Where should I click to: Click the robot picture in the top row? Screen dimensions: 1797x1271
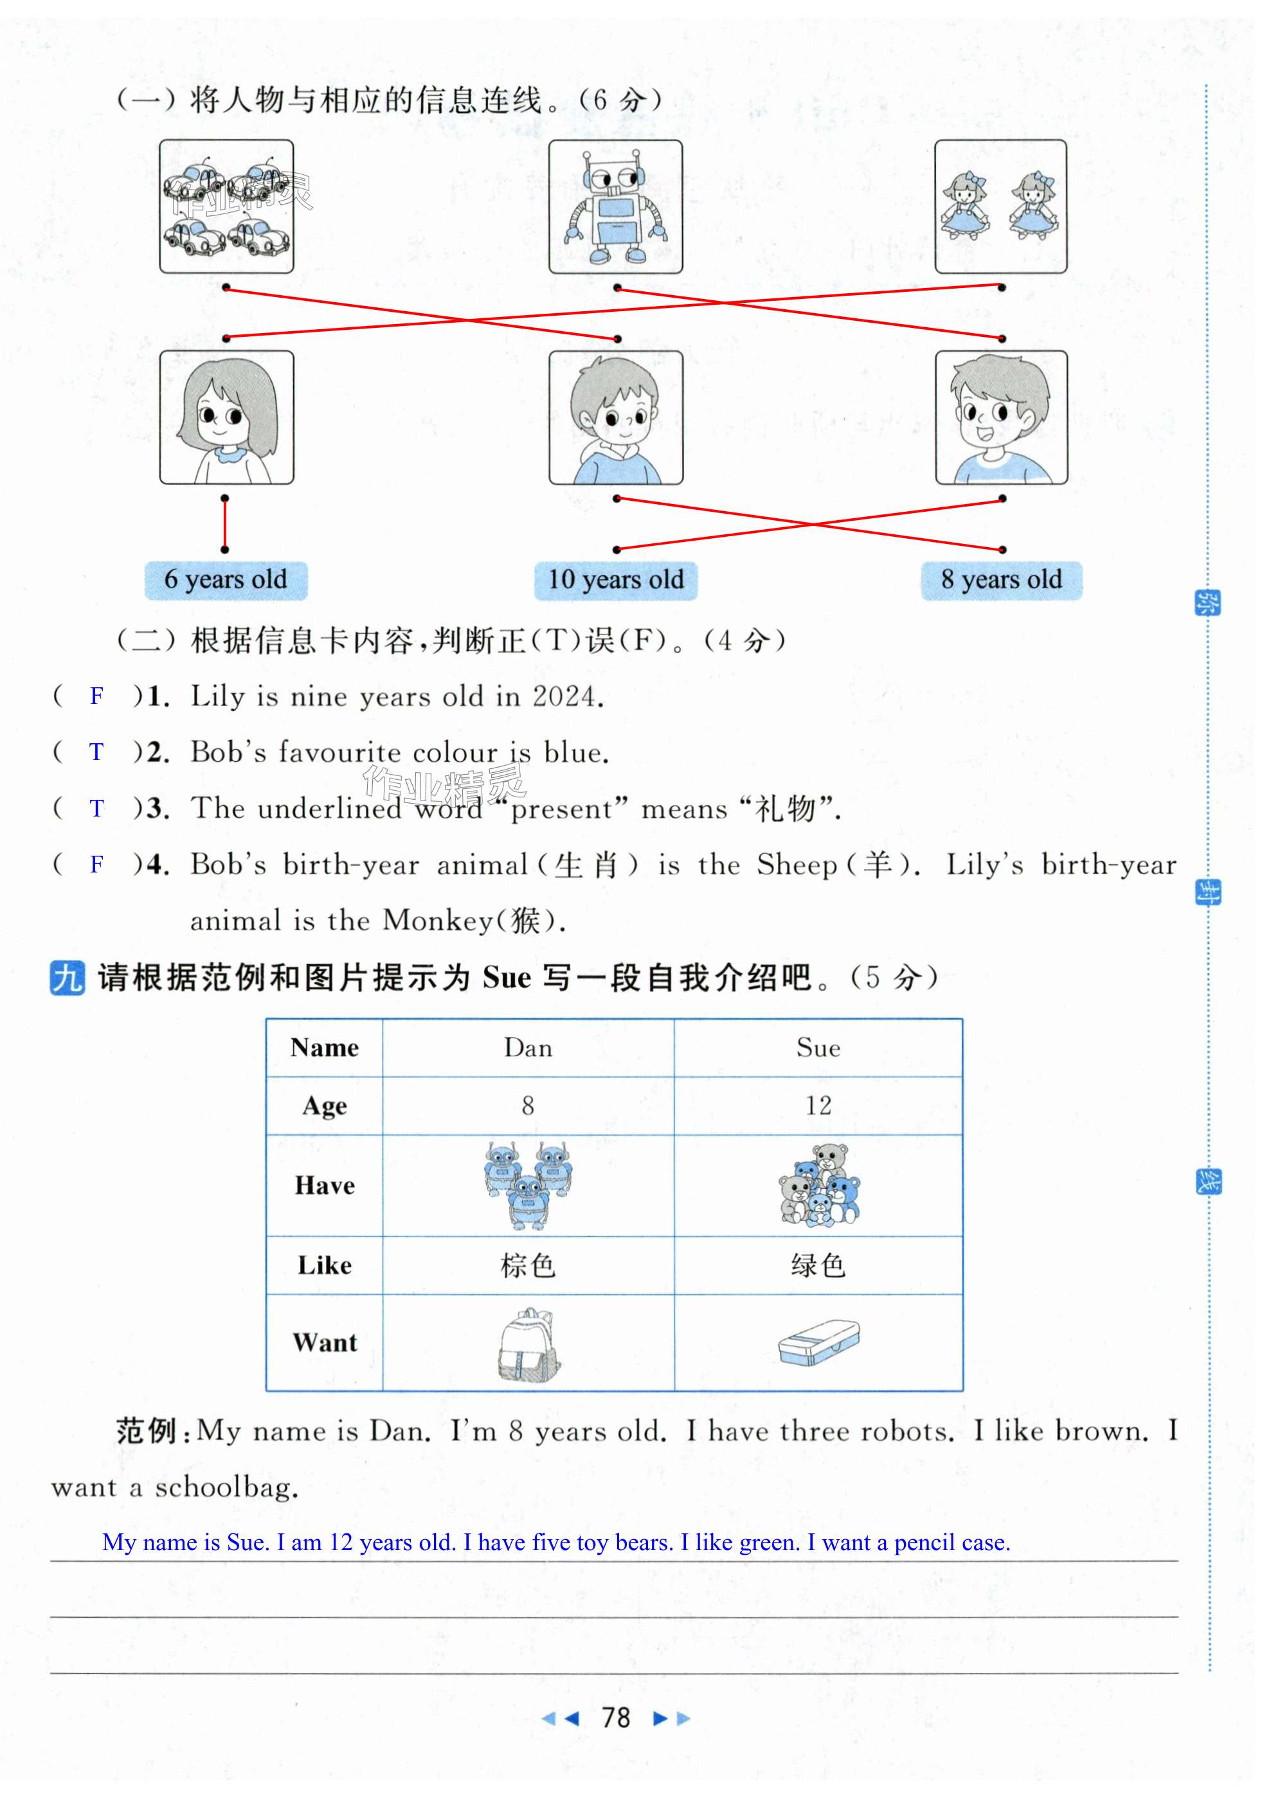(615, 206)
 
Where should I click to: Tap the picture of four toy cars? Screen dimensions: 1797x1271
(226, 206)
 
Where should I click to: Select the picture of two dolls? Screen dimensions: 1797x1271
(1000, 206)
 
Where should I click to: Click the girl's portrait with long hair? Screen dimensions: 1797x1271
(226, 417)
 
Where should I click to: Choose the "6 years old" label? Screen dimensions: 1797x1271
(226, 580)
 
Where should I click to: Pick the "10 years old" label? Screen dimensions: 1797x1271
(615, 580)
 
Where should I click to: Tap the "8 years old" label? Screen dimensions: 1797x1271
(1001, 580)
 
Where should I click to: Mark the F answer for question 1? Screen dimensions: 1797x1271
(96, 696)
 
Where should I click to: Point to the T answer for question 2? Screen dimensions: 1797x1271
(96, 752)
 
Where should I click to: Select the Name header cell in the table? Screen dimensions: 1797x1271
(324, 1047)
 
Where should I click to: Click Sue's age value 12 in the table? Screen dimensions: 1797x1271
(818, 1105)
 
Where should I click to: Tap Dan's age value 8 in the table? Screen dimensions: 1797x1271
(528, 1105)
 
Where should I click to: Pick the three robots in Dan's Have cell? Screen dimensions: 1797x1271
(528, 1184)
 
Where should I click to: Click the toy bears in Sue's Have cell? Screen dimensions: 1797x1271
(818, 1185)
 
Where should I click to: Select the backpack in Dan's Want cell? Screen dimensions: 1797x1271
(529, 1343)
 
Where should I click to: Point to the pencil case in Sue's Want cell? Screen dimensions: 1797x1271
(818, 1343)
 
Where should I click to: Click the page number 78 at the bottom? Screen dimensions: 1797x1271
(616, 1718)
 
